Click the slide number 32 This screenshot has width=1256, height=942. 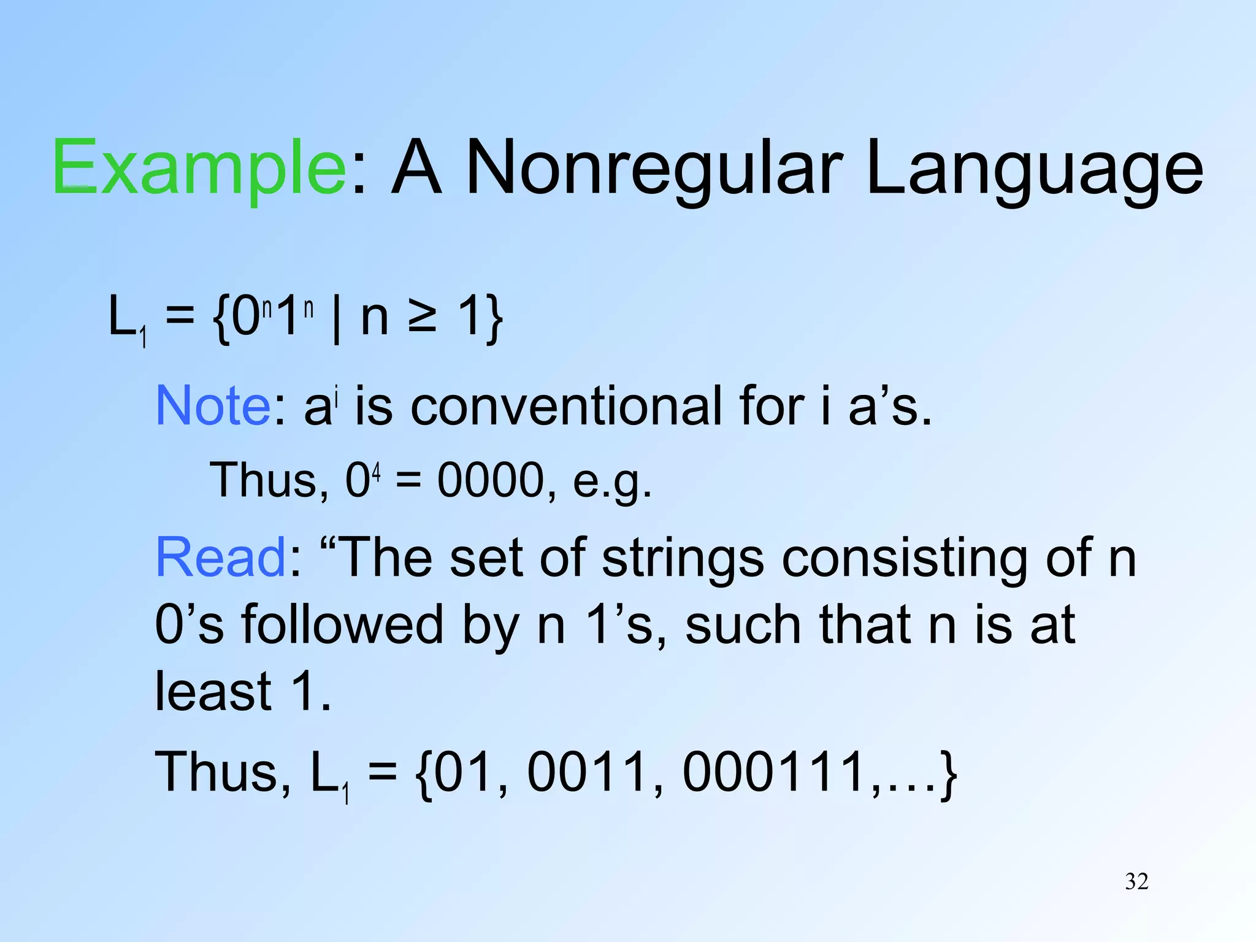1136,881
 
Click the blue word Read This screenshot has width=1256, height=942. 220,557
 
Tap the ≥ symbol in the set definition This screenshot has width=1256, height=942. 423,317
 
